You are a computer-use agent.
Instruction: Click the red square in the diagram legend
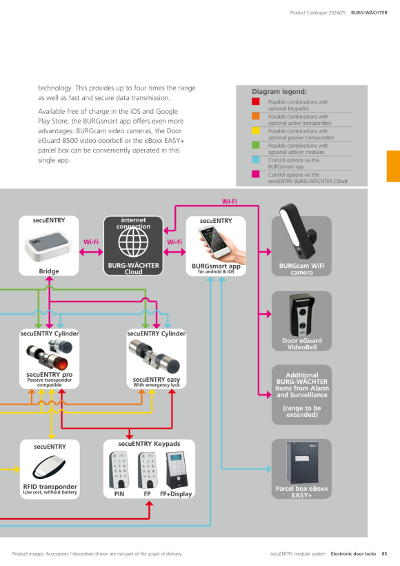(x=256, y=101)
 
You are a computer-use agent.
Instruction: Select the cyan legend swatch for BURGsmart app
(x=256, y=159)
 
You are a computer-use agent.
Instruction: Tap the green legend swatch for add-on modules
(x=256, y=145)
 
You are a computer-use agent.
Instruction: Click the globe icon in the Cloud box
(x=133, y=242)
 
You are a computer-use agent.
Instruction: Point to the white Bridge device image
(x=48, y=246)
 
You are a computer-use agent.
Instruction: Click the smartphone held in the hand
(x=212, y=241)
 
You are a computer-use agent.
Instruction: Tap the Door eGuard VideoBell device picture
(x=302, y=315)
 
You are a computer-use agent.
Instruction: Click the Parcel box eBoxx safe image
(x=302, y=462)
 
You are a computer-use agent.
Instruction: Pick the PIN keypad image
(x=119, y=470)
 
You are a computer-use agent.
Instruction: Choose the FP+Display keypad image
(x=177, y=470)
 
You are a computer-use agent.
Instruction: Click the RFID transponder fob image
(x=50, y=467)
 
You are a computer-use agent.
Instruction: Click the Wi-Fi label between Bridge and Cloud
(x=91, y=242)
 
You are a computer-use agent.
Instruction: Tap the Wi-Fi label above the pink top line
(x=230, y=201)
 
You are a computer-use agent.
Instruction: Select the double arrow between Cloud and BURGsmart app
(x=174, y=252)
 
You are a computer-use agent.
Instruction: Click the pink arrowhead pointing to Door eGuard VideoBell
(x=268, y=314)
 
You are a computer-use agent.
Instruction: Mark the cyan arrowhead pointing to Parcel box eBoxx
(x=269, y=469)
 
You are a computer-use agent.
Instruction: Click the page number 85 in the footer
(x=384, y=554)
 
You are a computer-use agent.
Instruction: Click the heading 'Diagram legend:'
(x=279, y=92)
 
